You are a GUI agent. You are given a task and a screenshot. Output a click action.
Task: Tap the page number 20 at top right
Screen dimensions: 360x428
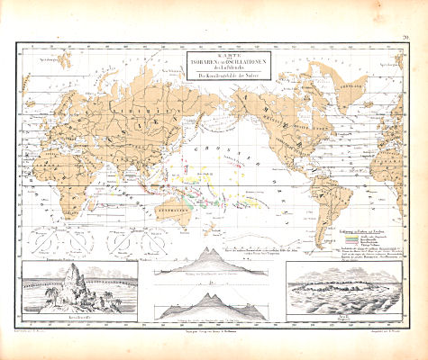click(x=407, y=37)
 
